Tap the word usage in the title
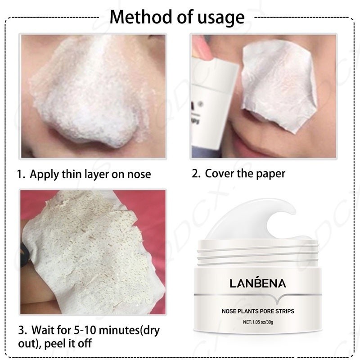221,18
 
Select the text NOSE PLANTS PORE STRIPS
258,311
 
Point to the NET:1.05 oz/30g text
258,322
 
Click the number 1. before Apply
21,174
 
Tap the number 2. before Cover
196,173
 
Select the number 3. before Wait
22,330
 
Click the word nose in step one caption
139,175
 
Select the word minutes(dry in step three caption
130,331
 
